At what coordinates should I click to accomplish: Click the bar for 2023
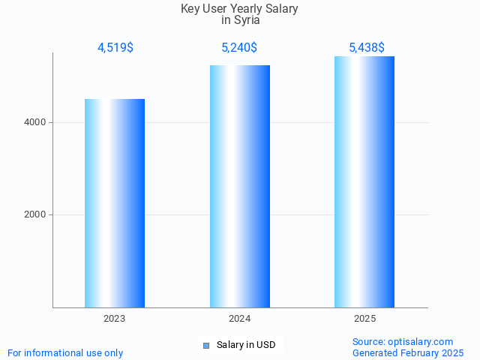click(x=115, y=203)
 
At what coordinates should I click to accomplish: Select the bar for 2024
click(x=240, y=186)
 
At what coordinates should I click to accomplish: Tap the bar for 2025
click(x=364, y=181)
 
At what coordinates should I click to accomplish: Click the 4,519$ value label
click(x=115, y=48)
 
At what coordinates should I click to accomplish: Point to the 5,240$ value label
click(x=239, y=48)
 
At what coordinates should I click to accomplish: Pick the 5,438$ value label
click(x=367, y=48)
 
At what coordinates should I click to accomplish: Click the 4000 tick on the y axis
click(x=34, y=122)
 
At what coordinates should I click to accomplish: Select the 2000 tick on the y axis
click(x=34, y=215)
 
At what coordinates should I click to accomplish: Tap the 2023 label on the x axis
click(x=115, y=319)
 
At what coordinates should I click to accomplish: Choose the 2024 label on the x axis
click(x=240, y=319)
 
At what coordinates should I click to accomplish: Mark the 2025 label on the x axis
click(x=364, y=319)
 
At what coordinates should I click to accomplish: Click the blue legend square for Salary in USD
click(x=206, y=346)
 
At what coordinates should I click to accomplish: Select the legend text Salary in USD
click(x=246, y=345)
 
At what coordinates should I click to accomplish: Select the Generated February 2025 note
click(x=408, y=352)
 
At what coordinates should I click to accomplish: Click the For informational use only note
click(x=65, y=352)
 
